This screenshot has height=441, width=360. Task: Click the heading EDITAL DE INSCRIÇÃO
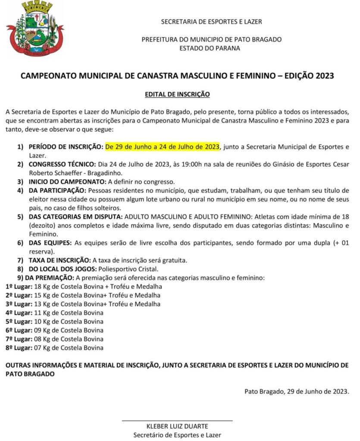pos(177,93)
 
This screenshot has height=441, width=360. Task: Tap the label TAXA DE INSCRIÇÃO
pos(59,260)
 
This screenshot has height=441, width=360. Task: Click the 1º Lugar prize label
pos(19,286)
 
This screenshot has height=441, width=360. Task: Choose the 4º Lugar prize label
pos(19,313)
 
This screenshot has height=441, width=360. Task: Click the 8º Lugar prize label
pos(19,348)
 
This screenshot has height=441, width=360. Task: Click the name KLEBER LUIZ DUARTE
pos(177,426)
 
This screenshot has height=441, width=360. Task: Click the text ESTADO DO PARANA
pos(210,48)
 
